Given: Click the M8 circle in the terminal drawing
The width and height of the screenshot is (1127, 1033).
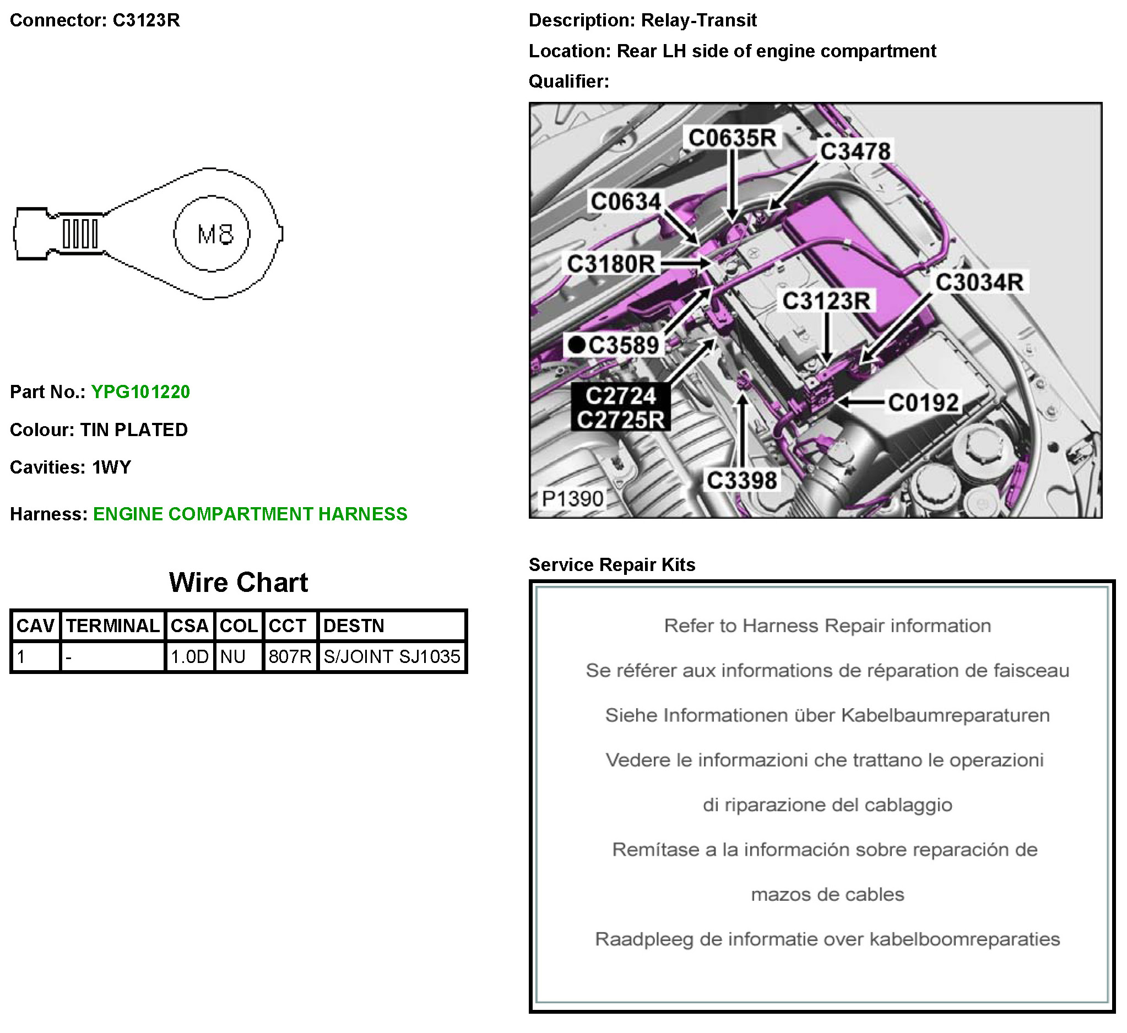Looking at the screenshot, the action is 212,233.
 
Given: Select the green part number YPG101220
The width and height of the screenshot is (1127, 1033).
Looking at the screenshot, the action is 140,392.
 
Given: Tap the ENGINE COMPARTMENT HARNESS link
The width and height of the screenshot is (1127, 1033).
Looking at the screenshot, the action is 250,514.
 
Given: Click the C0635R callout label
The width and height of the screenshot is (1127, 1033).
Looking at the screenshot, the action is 732,138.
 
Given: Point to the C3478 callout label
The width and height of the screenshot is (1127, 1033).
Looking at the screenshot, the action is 855,151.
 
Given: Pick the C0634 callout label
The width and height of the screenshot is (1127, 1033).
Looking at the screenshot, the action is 626,202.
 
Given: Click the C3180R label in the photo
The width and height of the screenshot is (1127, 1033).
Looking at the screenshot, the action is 610,264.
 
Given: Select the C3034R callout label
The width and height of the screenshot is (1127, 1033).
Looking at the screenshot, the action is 979,282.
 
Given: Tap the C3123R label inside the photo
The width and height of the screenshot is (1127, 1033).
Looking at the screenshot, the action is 826,301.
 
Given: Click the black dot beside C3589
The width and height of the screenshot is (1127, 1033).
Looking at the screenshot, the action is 576,345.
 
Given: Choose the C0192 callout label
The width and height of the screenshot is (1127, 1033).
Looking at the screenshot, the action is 923,403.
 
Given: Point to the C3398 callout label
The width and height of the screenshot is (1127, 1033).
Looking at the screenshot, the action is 741,481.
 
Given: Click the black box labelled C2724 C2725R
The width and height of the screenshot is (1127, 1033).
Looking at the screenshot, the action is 621,407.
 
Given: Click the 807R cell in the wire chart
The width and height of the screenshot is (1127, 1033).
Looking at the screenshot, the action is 290,657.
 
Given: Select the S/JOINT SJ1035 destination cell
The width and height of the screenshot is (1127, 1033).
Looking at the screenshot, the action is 391,657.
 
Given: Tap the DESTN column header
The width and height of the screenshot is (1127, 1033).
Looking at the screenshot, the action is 354,626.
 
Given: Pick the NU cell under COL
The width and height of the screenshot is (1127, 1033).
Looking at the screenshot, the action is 233,657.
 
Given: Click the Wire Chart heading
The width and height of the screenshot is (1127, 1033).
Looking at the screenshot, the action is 238,583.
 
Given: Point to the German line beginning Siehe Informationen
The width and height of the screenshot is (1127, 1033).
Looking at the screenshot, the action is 827,715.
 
